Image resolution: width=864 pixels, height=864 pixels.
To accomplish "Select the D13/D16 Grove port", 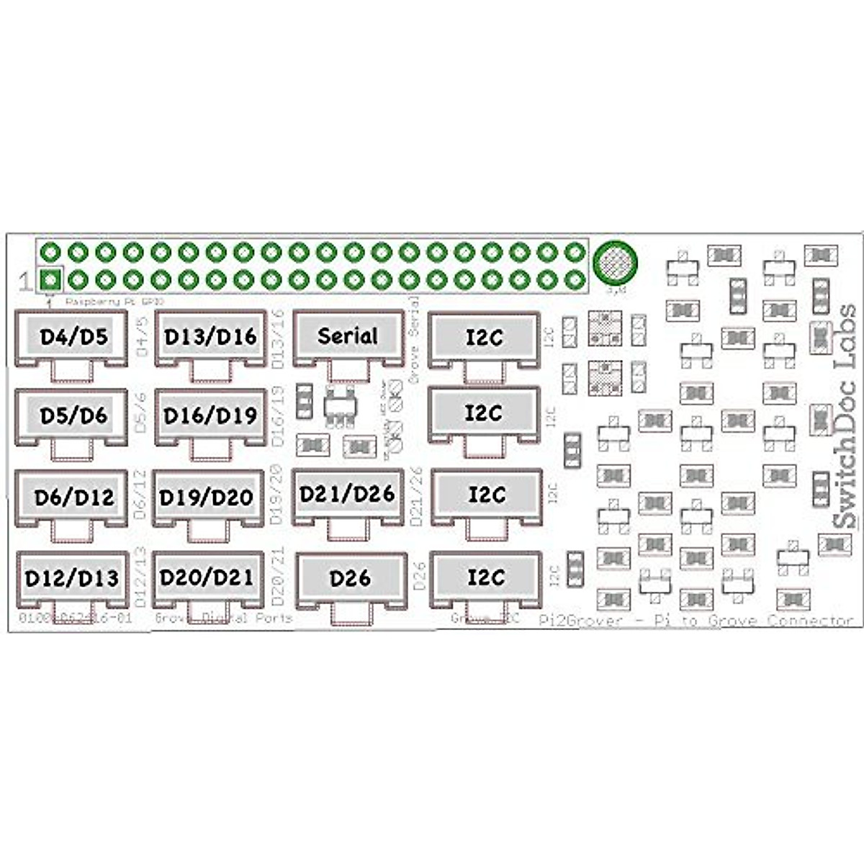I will coord(210,337).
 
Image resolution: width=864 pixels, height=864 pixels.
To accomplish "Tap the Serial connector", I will coord(347,336).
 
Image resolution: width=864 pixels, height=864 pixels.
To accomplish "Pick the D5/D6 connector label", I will coord(73,416).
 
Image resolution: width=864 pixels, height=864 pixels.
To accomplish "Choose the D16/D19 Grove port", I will coord(210,416).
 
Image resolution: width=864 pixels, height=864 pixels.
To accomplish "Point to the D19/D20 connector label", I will coord(207,498).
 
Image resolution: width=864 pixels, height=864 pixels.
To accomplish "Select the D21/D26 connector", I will coord(347,494).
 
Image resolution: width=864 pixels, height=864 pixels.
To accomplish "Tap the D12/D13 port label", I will coord(72,578).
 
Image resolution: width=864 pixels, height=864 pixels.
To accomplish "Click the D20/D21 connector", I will coord(207,577).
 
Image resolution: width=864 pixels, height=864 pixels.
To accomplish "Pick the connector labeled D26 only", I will coord(350,578).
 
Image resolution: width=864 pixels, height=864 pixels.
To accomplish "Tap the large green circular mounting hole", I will coord(615,263).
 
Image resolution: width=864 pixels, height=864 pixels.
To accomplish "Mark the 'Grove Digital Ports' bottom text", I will coord(224,618).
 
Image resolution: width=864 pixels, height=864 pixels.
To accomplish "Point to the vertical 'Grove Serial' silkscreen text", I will coord(415,338).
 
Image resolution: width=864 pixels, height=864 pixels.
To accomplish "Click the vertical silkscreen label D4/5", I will coord(142,337).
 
